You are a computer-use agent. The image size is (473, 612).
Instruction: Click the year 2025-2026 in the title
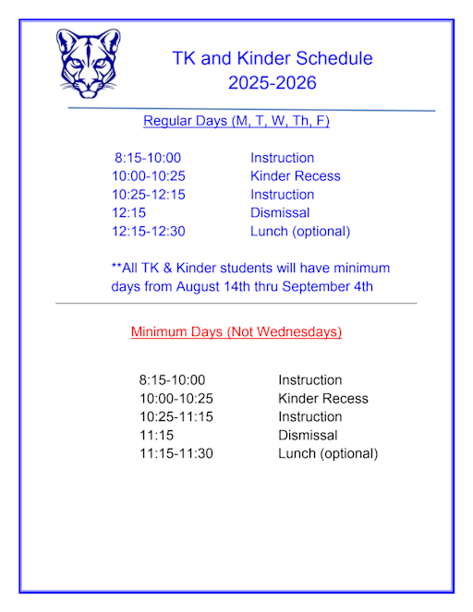coord(273,83)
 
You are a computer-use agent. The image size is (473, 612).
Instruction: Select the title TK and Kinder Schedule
coord(273,58)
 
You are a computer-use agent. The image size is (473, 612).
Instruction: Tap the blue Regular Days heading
coord(236,121)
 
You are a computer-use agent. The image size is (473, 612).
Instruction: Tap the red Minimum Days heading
coord(236,331)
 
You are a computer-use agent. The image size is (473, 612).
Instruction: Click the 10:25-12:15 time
coord(148,195)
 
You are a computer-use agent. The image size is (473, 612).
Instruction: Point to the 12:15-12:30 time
coord(148,232)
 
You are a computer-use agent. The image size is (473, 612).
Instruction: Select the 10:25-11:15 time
coord(176,417)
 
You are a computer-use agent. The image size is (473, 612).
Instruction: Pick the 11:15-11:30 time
coord(176,454)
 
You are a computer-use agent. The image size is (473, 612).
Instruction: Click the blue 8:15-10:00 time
coord(148,158)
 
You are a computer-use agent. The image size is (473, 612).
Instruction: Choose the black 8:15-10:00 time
coord(172,380)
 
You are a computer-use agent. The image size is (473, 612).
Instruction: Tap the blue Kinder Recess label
coord(295,176)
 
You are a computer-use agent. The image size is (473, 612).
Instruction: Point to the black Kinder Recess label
coord(322,399)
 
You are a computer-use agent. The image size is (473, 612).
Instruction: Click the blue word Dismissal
coord(280,213)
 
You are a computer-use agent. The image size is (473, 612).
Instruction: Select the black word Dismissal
coord(308,436)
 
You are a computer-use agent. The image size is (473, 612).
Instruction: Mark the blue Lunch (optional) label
coord(300,232)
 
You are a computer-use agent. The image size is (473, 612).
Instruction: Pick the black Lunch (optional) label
coord(328,454)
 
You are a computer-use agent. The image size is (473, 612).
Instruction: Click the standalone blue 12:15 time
coord(128,213)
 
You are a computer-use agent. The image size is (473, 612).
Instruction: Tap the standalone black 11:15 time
coord(156,436)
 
